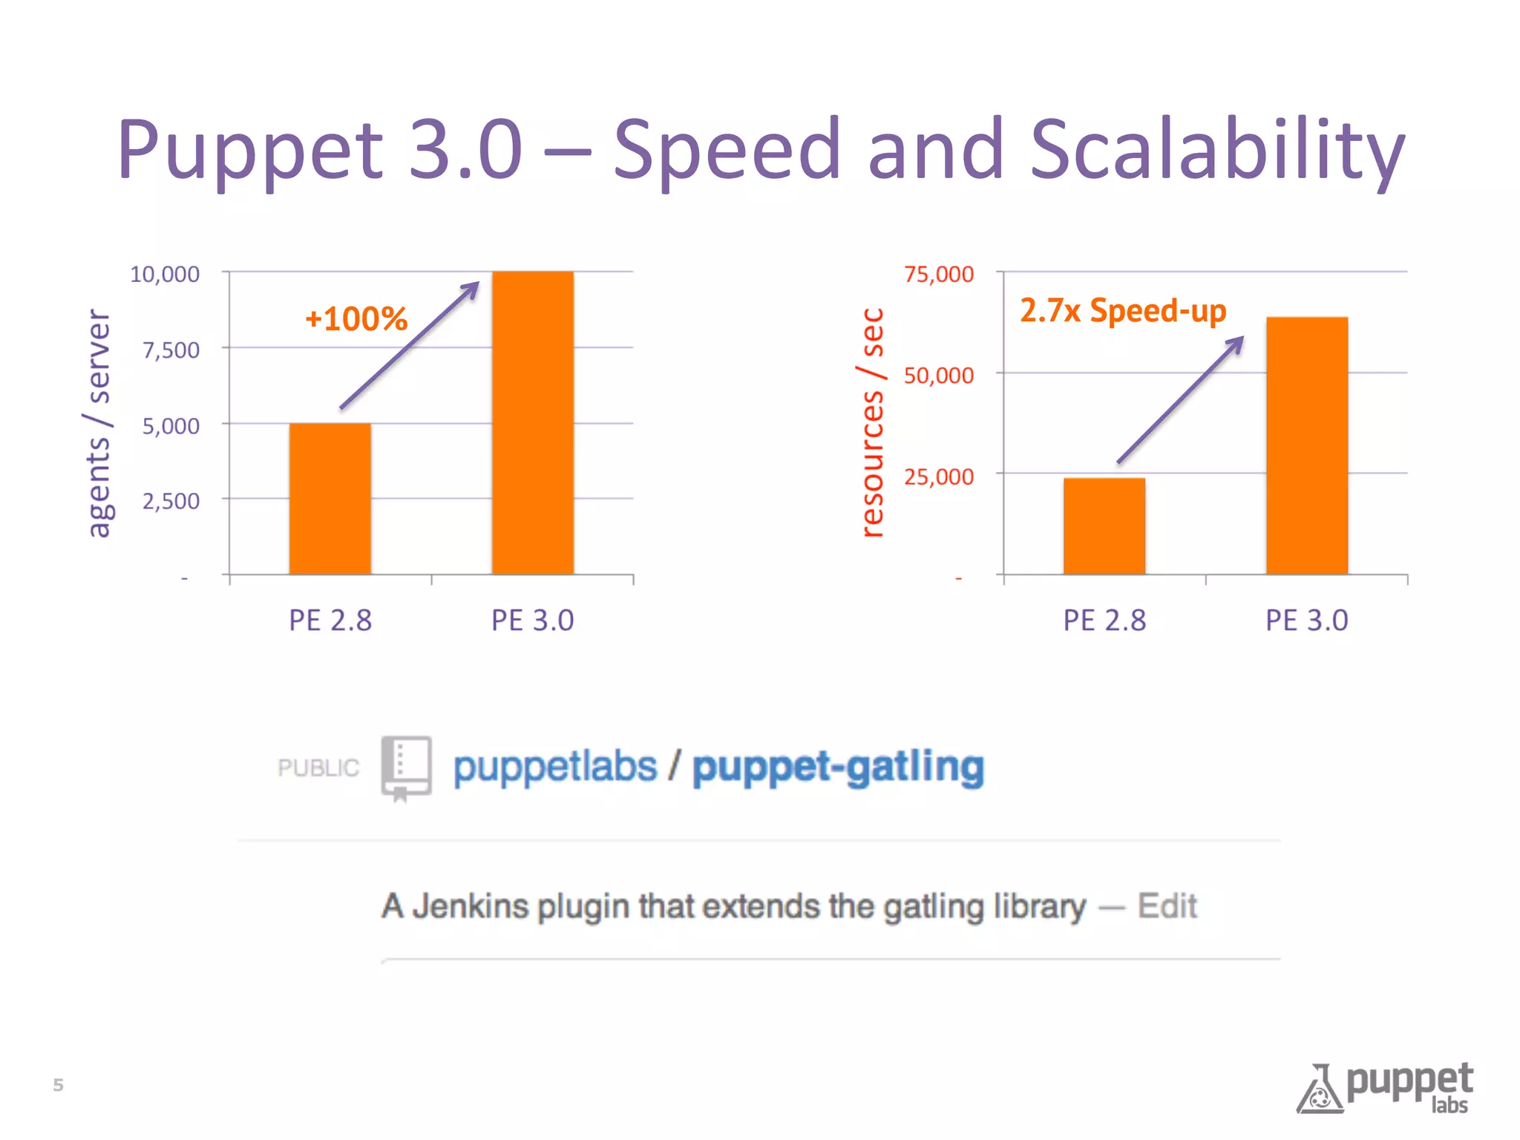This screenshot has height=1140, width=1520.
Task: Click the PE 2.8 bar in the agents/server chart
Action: tap(330, 499)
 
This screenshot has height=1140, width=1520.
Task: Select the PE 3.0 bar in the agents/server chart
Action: tap(532, 423)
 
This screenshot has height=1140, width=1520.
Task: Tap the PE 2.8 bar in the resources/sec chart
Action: tap(1104, 526)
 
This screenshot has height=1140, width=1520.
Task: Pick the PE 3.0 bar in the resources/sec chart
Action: tap(1306, 445)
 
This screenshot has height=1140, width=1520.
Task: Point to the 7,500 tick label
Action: tap(171, 350)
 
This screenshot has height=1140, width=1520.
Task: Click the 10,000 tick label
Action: tap(165, 274)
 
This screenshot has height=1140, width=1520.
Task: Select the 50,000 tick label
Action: tap(938, 376)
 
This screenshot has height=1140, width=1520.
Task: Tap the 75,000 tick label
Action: tap(938, 274)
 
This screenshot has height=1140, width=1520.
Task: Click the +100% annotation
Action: tap(356, 319)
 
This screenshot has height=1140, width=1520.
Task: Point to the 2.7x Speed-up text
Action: tap(1123, 310)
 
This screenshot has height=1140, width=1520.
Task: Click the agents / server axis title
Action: tap(98, 423)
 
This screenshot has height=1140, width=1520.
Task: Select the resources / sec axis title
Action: tap(873, 423)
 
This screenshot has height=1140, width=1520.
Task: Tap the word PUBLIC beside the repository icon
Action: tap(318, 767)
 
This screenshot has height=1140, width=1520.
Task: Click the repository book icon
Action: tap(406, 767)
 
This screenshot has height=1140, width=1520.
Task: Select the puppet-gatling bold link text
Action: tap(838, 767)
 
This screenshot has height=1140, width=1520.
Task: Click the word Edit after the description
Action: tap(1167, 906)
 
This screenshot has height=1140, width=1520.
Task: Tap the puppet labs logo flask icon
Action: tap(1320, 1090)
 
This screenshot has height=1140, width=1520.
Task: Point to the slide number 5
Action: tap(58, 1085)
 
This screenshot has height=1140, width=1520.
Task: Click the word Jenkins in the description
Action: tap(470, 906)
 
